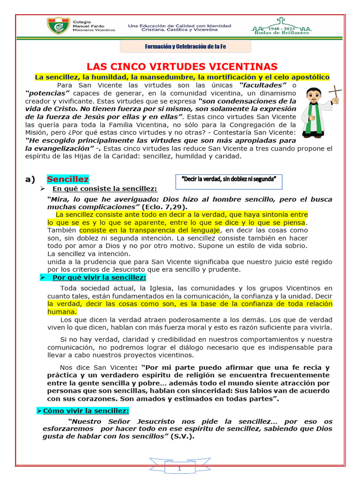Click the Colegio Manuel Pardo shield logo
[58, 27]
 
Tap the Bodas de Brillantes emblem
[281, 27]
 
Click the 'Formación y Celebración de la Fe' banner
[186, 47]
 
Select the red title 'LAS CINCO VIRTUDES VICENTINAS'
[182, 67]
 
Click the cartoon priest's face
[313, 97]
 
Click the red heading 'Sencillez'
[67, 179]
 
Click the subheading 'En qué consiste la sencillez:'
[105, 188]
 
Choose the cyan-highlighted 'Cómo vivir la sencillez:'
[85, 411]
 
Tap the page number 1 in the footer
[179, 469]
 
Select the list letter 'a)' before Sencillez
[30, 180]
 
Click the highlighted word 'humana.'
[62, 312]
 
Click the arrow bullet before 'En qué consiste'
[43, 188]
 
